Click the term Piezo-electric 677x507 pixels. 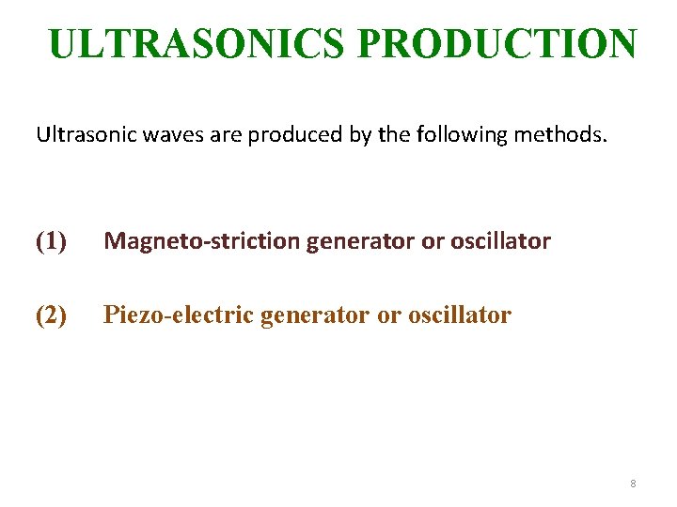(x=178, y=315)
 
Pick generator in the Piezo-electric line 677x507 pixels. (x=315, y=315)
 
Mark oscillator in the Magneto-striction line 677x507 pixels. (x=500, y=241)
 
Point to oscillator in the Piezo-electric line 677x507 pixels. (x=460, y=315)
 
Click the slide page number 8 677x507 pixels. (x=633, y=484)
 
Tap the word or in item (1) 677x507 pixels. (x=432, y=241)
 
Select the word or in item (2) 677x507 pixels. (x=388, y=315)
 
